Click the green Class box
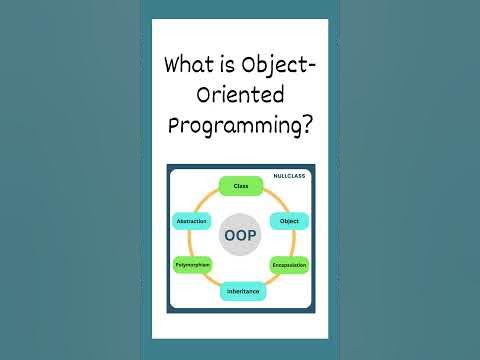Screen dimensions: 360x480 pyautogui.click(x=240, y=186)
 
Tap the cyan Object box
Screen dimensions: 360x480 pyautogui.click(x=289, y=221)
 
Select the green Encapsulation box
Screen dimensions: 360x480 pyautogui.click(x=289, y=265)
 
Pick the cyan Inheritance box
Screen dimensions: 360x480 pyautogui.click(x=240, y=291)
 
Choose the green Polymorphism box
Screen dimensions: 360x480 pyautogui.click(x=192, y=265)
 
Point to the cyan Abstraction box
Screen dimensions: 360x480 pyautogui.click(x=191, y=221)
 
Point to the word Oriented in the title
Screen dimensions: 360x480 pyautogui.click(x=240, y=97)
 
